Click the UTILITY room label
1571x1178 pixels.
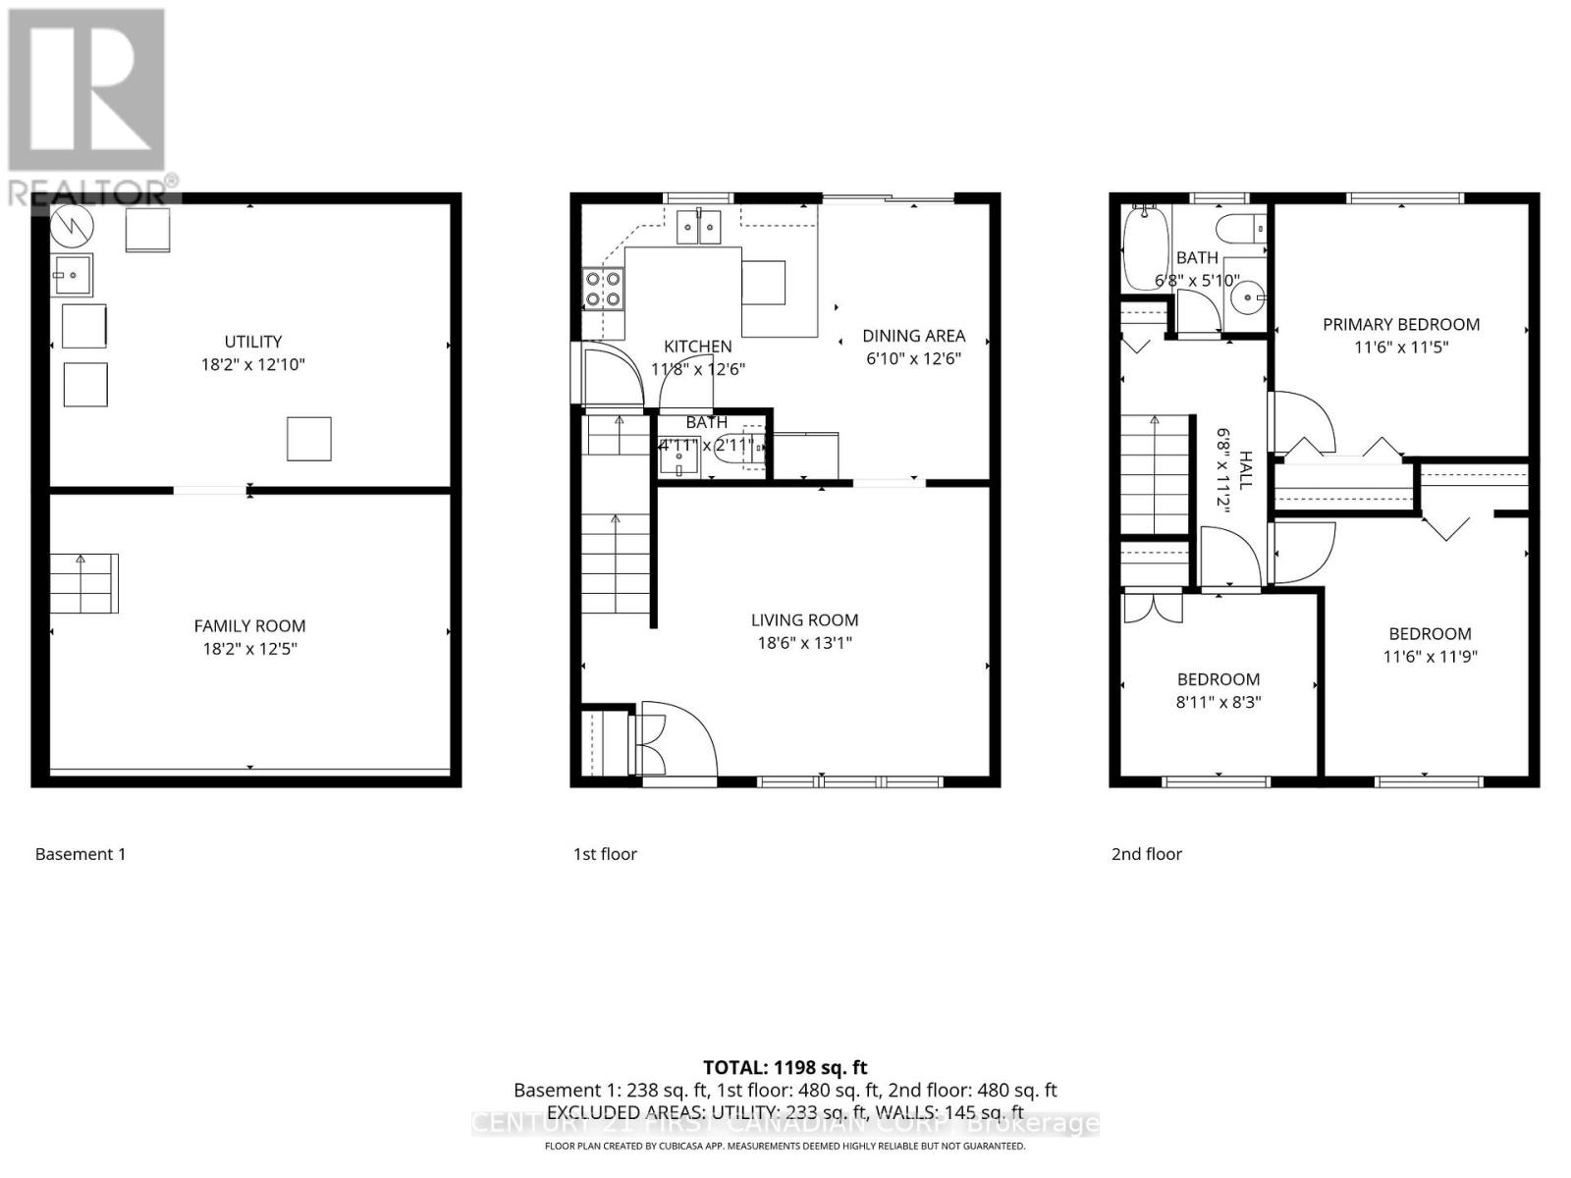coord(253,342)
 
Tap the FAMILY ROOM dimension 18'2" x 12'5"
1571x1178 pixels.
coord(249,649)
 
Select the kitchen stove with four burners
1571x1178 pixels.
coord(604,289)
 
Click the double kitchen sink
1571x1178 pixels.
coord(698,227)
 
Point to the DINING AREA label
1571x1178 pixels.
coord(913,336)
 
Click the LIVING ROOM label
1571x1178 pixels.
coord(804,620)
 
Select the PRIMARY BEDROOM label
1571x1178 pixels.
coord(1400,325)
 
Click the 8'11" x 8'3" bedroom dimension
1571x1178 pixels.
coord(1219,702)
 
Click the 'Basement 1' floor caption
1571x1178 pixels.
coord(81,854)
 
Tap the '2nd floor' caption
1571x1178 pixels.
coord(1146,854)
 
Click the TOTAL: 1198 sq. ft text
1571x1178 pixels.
coord(785,1067)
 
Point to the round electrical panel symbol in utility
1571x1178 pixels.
coord(73,228)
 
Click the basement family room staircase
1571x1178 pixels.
coord(84,583)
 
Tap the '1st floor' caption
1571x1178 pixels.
coord(605,854)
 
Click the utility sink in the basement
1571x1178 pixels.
coord(73,275)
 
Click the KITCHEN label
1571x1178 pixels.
coord(697,347)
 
